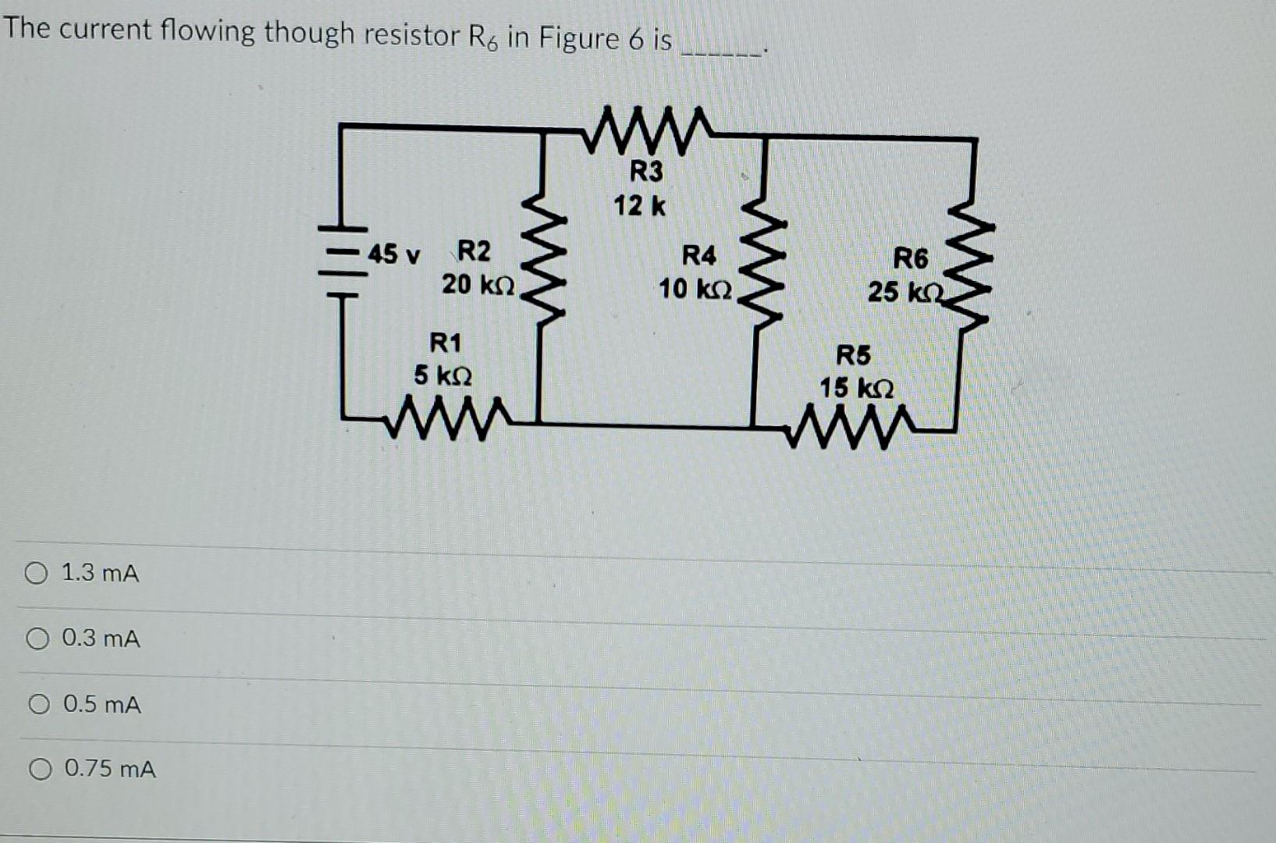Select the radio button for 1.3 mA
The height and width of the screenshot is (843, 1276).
coord(36,574)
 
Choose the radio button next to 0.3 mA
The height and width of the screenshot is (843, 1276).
coord(37,640)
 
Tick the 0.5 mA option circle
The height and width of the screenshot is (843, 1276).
coord(39,706)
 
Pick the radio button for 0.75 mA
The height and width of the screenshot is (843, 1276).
coord(40,770)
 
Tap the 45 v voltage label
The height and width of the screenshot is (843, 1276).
coord(394,254)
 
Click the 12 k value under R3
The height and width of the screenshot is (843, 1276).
coord(639,207)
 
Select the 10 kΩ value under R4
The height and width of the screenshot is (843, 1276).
coord(695,290)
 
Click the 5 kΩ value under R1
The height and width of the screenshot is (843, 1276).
coord(443,376)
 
